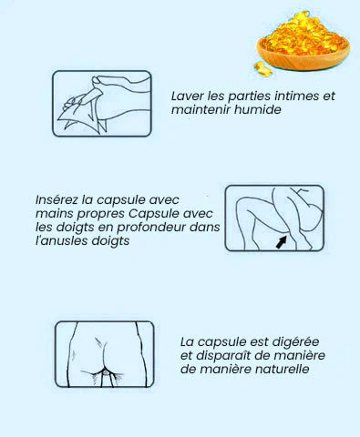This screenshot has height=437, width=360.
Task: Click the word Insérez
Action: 57,199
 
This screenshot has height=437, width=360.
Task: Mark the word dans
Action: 205,227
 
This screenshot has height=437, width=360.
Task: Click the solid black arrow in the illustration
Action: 281,242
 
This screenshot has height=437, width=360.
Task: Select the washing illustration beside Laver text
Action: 102,104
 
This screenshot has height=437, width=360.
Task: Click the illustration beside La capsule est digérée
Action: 105,354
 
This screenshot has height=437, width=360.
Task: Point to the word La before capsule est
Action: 187,342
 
